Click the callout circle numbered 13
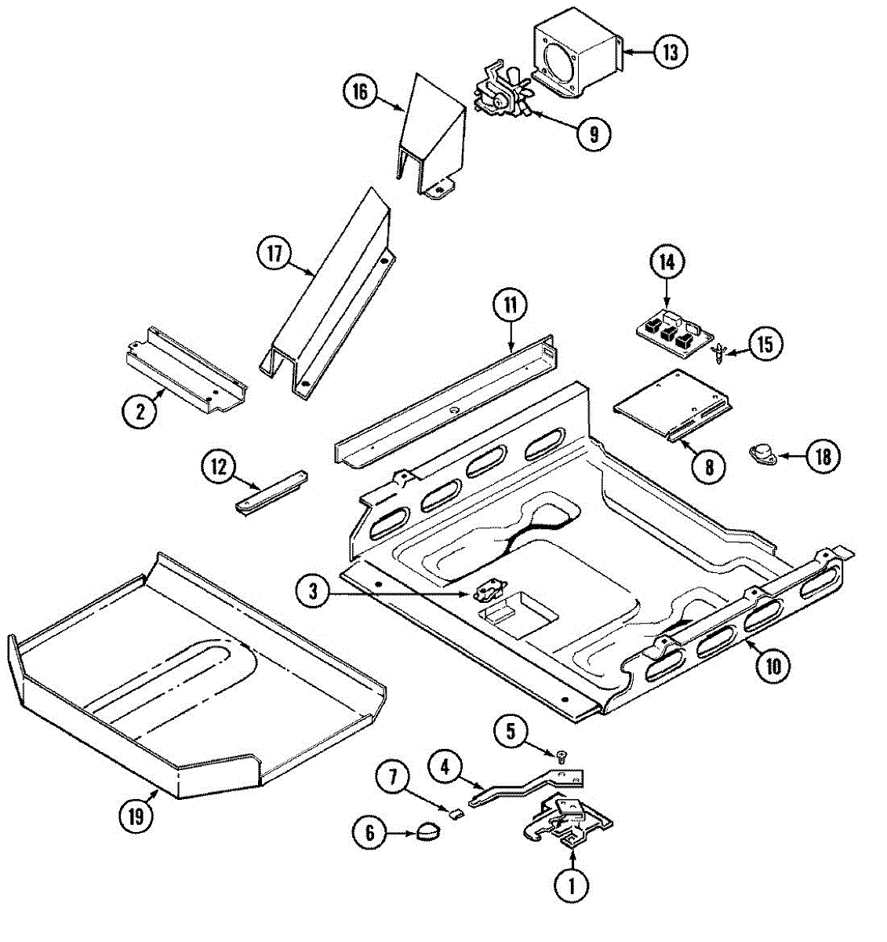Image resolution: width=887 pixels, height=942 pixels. click(x=669, y=53)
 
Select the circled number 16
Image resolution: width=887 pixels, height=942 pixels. click(x=359, y=91)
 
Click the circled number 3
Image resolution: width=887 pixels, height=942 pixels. click(x=313, y=592)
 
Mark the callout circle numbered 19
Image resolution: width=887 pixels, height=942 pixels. click(x=136, y=816)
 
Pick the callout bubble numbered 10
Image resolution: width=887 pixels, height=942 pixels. click(x=772, y=666)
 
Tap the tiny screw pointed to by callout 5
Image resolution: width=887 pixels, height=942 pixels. click(x=562, y=757)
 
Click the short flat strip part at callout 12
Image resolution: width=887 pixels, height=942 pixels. click(x=271, y=492)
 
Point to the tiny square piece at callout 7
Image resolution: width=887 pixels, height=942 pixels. click(x=453, y=812)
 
